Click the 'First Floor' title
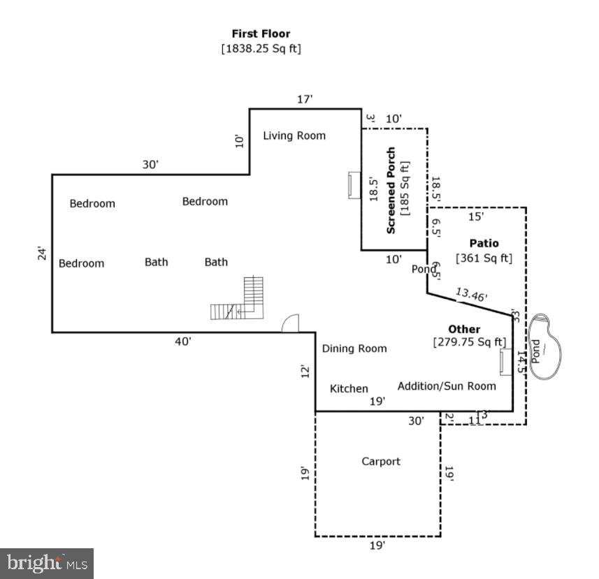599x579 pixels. (261, 34)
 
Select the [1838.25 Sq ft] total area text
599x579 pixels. (261, 49)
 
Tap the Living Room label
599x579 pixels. (294, 135)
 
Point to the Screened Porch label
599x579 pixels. (391, 190)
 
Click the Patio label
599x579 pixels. (484, 244)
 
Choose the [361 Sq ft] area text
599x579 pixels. (484, 258)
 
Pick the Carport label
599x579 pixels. (381, 462)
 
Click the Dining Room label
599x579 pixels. (354, 349)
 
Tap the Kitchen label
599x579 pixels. (349, 389)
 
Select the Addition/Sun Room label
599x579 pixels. (447, 386)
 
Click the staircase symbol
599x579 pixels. (240, 300)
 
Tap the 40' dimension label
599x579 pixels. (184, 342)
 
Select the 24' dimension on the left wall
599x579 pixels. (41, 254)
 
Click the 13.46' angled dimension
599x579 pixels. (471, 295)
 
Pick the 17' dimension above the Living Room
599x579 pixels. (305, 100)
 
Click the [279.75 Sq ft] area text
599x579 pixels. (469, 342)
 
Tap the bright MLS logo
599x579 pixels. (47, 563)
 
